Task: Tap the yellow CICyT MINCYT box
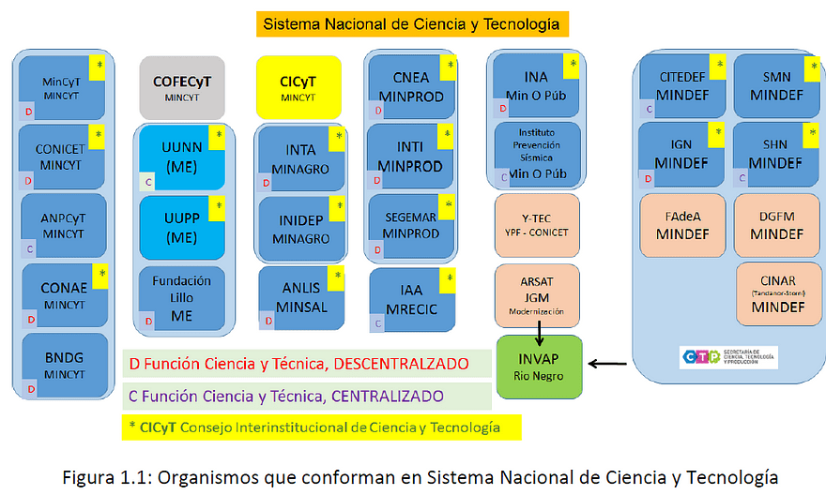[298, 86]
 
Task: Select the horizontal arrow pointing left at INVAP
[608, 364]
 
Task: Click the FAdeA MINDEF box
[682, 224]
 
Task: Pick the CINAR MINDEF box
[779, 290]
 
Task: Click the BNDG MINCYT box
[63, 365]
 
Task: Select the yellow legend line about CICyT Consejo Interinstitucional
[320, 427]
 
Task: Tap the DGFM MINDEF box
[778, 224]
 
